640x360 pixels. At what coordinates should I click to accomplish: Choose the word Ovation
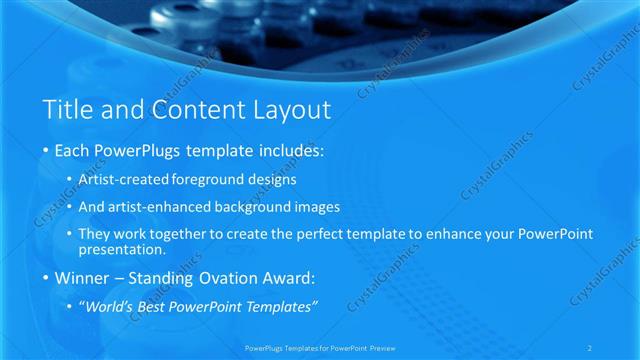221,277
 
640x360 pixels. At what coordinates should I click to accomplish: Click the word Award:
286,277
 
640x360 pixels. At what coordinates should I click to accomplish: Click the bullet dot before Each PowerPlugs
46,152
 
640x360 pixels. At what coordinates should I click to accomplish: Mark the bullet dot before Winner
46,277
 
